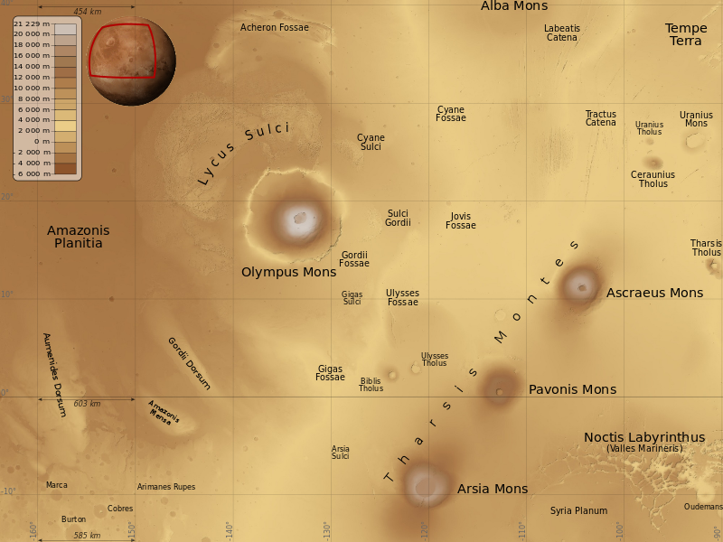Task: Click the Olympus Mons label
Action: [288, 272]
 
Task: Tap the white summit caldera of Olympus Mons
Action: [298, 217]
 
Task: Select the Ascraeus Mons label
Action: [654, 293]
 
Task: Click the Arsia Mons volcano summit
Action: [426, 484]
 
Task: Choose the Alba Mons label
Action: [513, 6]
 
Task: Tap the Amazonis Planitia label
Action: [78, 237]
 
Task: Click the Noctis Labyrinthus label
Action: [644, 437]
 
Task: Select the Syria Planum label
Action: [578, 511]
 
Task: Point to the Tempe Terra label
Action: [686, 34]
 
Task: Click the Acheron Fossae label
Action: [274, 28]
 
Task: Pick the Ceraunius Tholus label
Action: [653, 179]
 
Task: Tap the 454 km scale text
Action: [87, 12]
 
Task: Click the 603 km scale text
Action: [86, 404]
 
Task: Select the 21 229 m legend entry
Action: [32, 23]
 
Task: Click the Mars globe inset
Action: [131, 61]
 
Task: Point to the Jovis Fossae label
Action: [460, 220]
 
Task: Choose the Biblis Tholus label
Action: [371, 385]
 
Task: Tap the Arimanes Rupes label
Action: [165, 487]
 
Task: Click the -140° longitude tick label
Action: [229, 529]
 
